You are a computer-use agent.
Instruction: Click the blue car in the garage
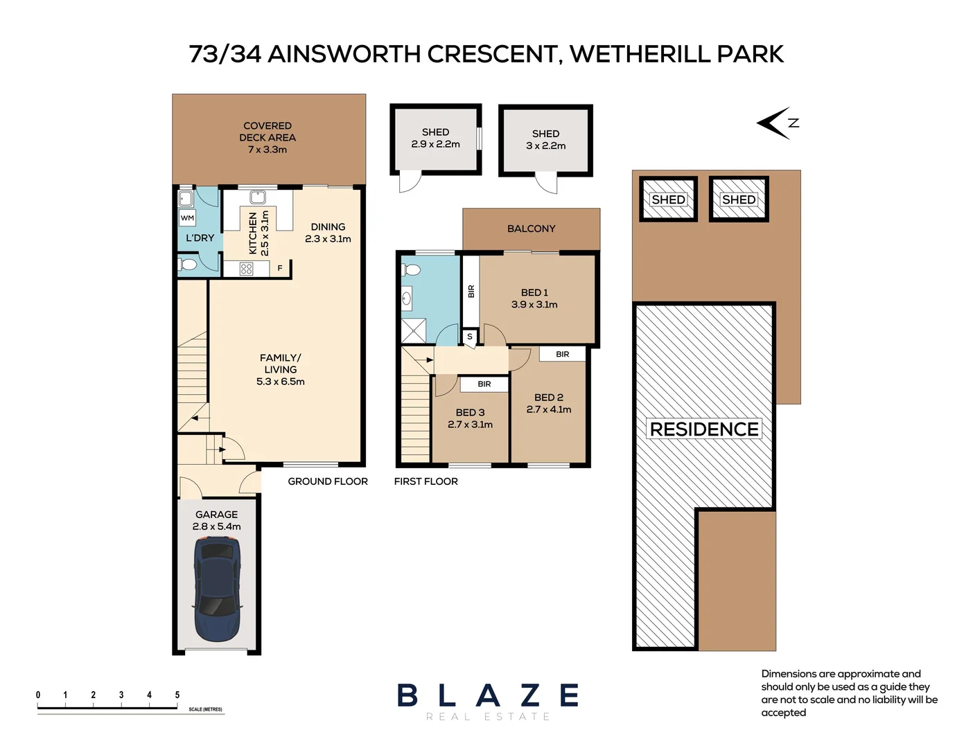217,589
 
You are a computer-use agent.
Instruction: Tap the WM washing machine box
187,217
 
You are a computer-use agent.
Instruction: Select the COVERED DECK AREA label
268,137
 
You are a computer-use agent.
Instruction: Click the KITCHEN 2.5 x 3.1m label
258,233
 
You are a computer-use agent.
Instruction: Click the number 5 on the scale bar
177,695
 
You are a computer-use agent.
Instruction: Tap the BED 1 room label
534,299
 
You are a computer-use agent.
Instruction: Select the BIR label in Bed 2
563,354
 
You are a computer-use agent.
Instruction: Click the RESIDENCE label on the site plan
704,429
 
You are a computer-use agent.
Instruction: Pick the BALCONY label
531,229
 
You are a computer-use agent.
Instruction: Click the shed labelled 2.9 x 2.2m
435,139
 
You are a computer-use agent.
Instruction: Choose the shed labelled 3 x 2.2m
545,140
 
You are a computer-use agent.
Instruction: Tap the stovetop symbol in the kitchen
246,269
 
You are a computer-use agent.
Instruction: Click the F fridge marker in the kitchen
280,268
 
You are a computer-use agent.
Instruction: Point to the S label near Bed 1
470,337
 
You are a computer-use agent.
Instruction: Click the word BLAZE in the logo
488,695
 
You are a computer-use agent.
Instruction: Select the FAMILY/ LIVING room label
280,369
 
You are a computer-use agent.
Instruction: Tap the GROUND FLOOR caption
328,481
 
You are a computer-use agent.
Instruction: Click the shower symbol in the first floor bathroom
414,330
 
